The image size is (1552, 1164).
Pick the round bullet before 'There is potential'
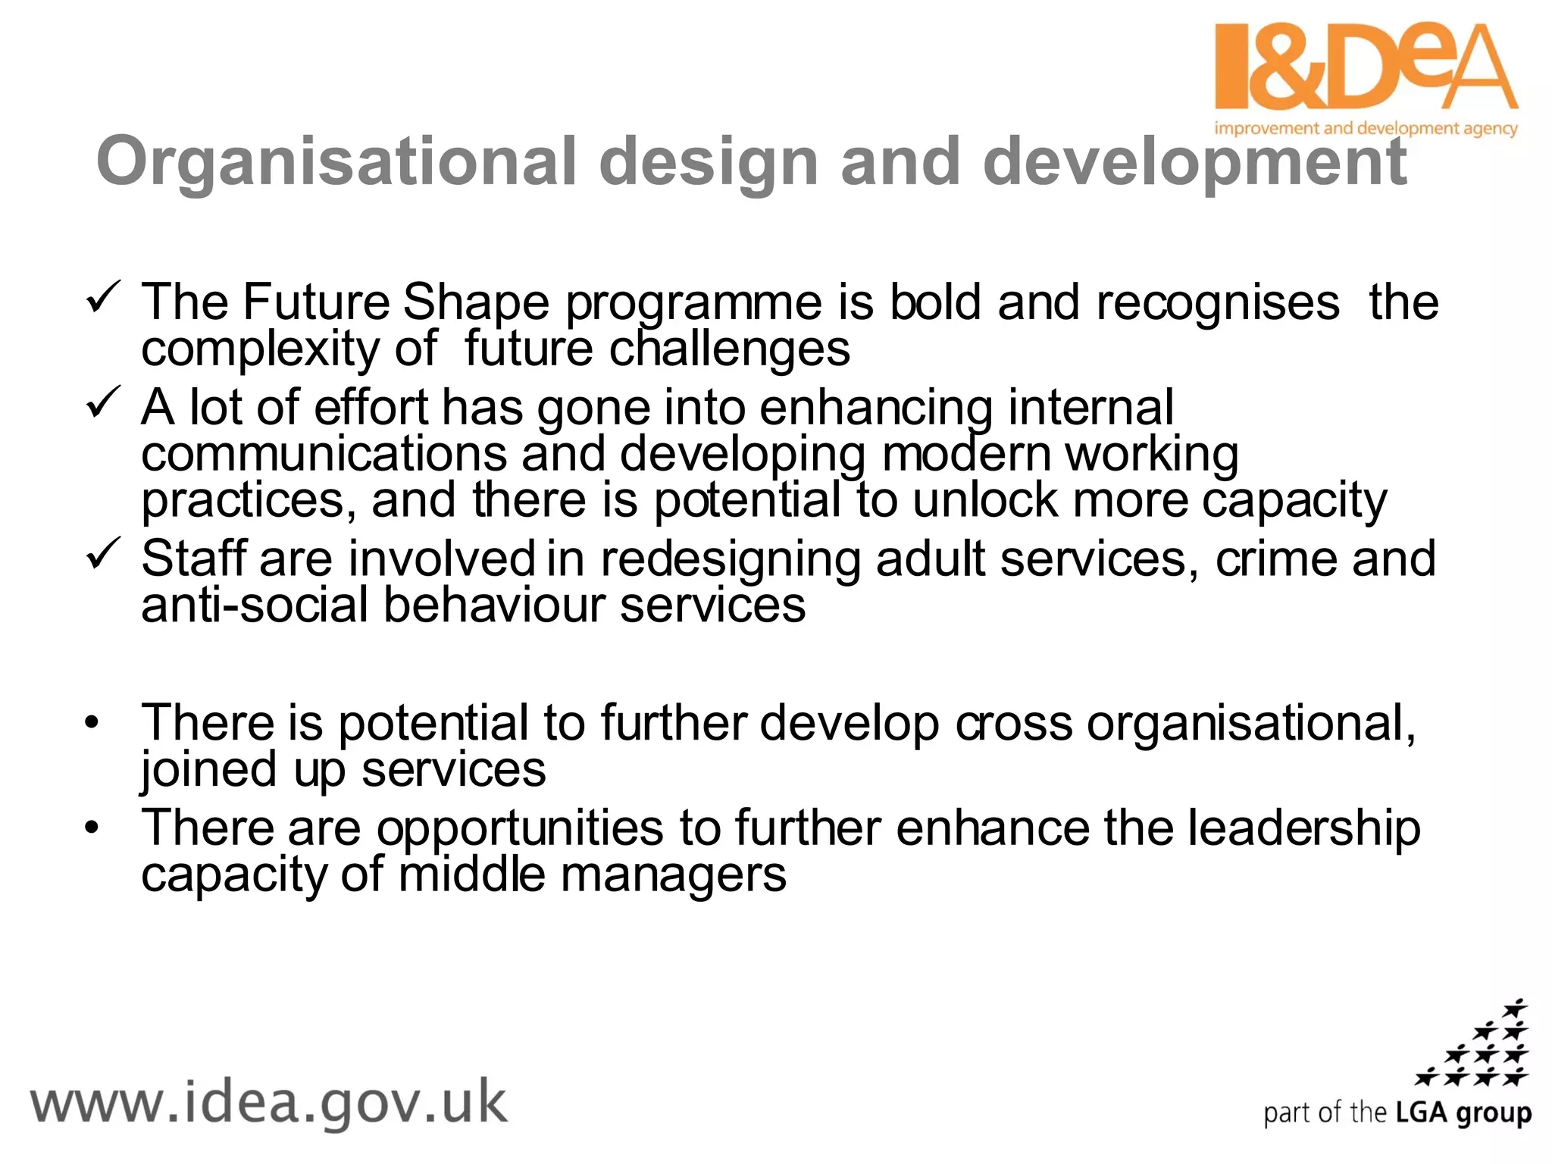click(92, 723)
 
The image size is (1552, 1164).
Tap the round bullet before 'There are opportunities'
click(92, 828)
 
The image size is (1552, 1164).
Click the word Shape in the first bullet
click(475, 302)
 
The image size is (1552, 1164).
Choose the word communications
click(324, 454)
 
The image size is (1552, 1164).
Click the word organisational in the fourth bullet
click(1251, 723)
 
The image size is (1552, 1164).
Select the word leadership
click(1303, 828)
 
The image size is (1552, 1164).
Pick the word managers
click(674, 875)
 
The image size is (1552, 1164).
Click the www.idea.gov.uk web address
click(268, 1103)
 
